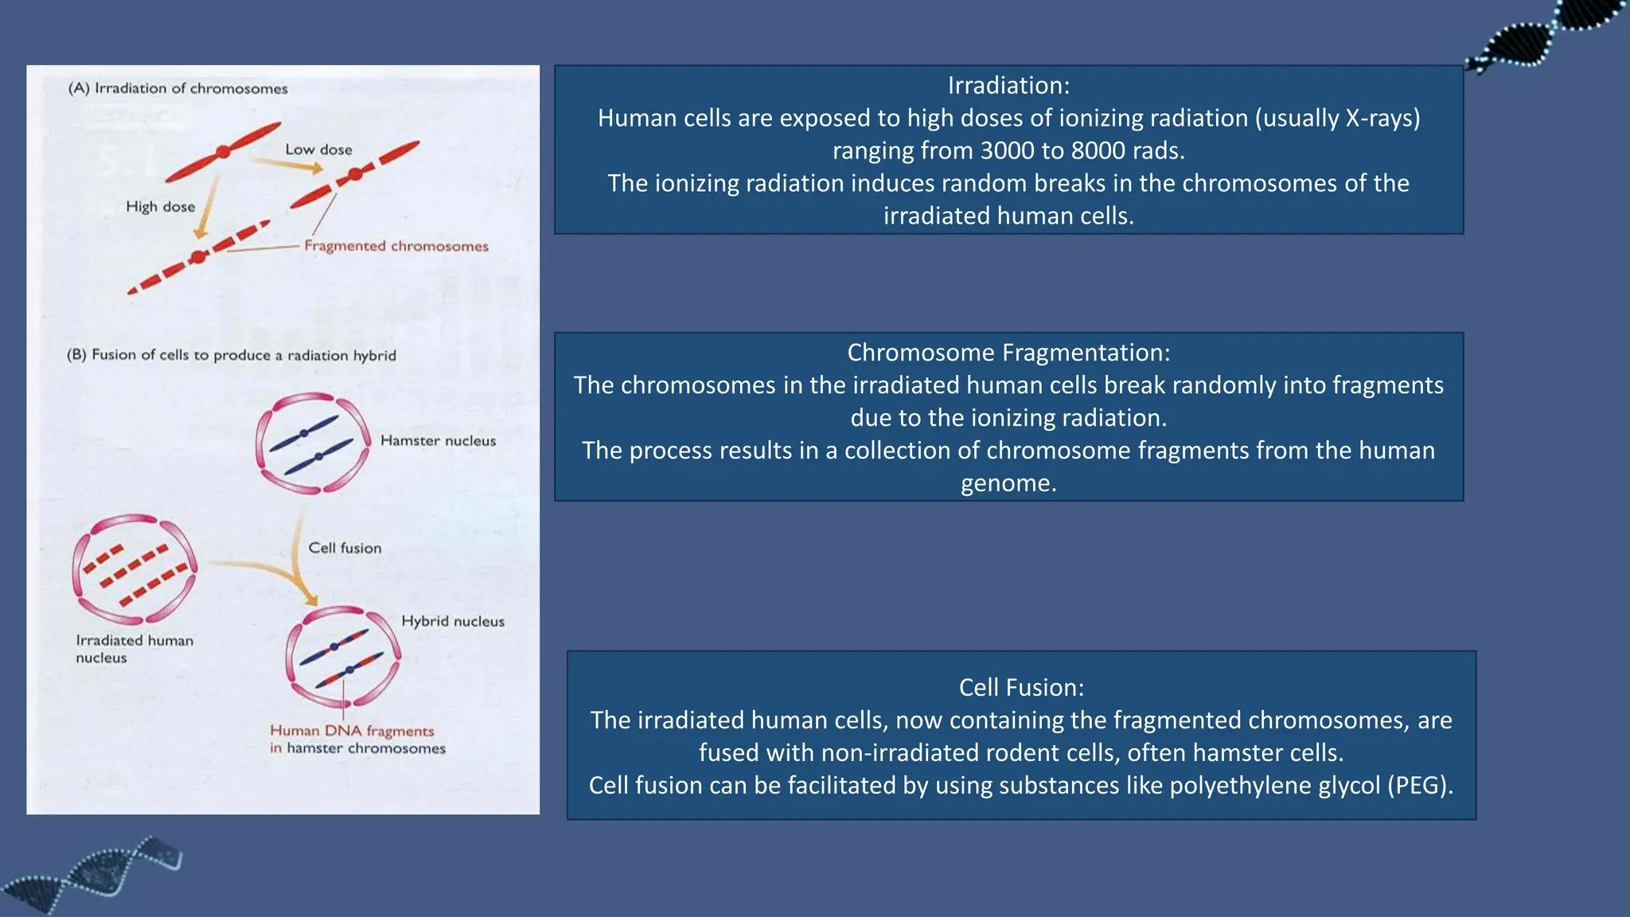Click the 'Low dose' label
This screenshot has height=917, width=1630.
318,150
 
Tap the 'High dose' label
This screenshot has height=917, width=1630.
160,207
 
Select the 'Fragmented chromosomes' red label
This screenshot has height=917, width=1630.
396,246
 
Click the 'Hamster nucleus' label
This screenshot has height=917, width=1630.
438,441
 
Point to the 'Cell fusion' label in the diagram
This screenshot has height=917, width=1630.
345,548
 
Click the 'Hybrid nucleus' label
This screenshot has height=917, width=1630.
452,622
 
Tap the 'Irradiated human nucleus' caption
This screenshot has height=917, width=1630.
134,649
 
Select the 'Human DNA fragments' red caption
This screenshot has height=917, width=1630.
352,731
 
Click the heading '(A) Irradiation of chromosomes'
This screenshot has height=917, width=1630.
177,88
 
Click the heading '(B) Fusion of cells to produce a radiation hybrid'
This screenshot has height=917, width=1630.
231,355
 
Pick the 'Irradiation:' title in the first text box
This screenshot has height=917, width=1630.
1008,85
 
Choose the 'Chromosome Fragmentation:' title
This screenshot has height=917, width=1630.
1008,353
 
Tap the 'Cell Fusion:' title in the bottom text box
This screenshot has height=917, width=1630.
1021,688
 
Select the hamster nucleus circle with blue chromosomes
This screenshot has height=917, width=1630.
312,443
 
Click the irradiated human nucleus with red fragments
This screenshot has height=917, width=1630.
134,568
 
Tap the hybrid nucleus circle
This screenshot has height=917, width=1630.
343,657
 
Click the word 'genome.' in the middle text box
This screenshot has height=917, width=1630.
1008,483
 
